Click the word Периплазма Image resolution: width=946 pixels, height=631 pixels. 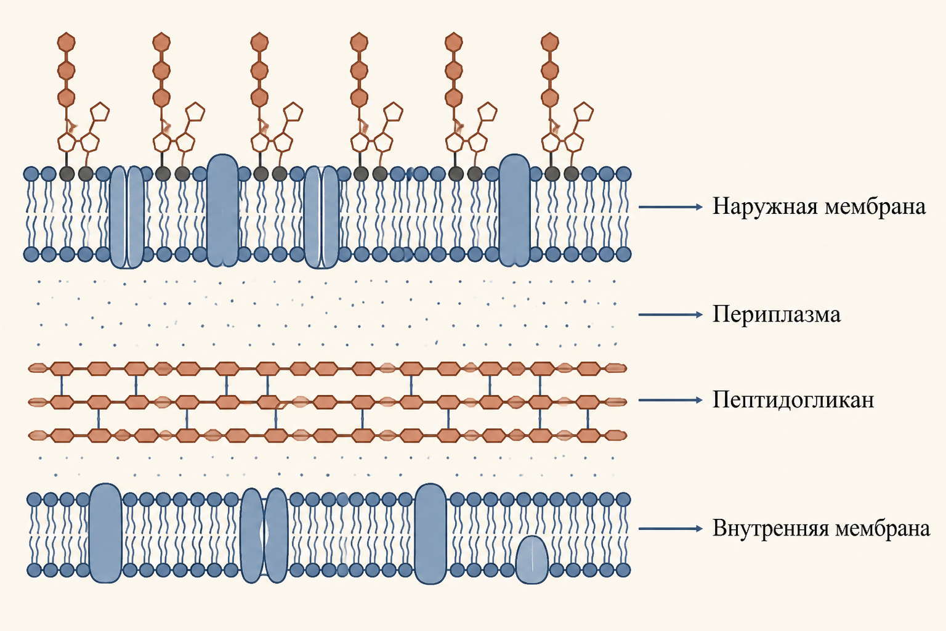776,315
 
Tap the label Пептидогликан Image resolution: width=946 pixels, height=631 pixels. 793,400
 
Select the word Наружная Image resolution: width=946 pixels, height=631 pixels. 765,207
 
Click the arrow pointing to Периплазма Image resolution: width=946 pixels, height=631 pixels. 670,315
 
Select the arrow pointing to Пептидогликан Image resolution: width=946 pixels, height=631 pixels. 670,400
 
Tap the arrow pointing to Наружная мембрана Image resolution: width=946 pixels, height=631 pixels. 670,207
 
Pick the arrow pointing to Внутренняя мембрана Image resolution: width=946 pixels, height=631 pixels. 670,529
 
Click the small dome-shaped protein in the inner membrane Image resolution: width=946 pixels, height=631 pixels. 532,561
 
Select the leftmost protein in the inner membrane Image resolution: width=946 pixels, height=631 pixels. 105,534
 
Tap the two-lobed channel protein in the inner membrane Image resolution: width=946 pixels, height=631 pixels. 264,536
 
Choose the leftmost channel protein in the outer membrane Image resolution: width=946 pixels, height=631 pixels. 127,217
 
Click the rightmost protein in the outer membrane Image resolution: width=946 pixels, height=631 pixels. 514,211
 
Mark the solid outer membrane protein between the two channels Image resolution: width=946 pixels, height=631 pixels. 223,211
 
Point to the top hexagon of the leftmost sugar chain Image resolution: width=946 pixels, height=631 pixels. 67,43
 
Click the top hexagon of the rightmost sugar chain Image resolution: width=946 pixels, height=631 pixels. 550,43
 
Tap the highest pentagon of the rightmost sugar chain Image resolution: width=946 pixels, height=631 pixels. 584,112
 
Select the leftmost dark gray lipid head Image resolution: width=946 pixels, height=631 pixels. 67,174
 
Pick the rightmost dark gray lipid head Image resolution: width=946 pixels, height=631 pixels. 571,174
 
